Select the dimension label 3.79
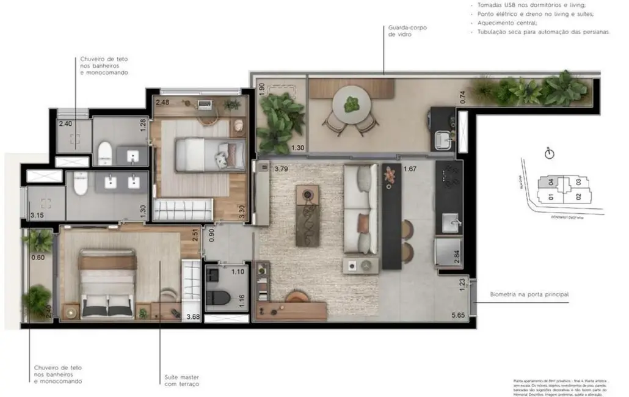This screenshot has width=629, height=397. pos(281,169)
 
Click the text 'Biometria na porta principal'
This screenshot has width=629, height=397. pos(529,294)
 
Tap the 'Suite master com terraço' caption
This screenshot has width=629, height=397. pos(182,381)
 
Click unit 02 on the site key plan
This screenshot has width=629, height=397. pos(577,197)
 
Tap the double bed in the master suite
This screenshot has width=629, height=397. pos(107,284)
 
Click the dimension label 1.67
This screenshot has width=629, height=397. pos(409,169)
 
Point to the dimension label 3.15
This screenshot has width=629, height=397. pos(38,215)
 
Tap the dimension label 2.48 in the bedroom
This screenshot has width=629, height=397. pos(163,102)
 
